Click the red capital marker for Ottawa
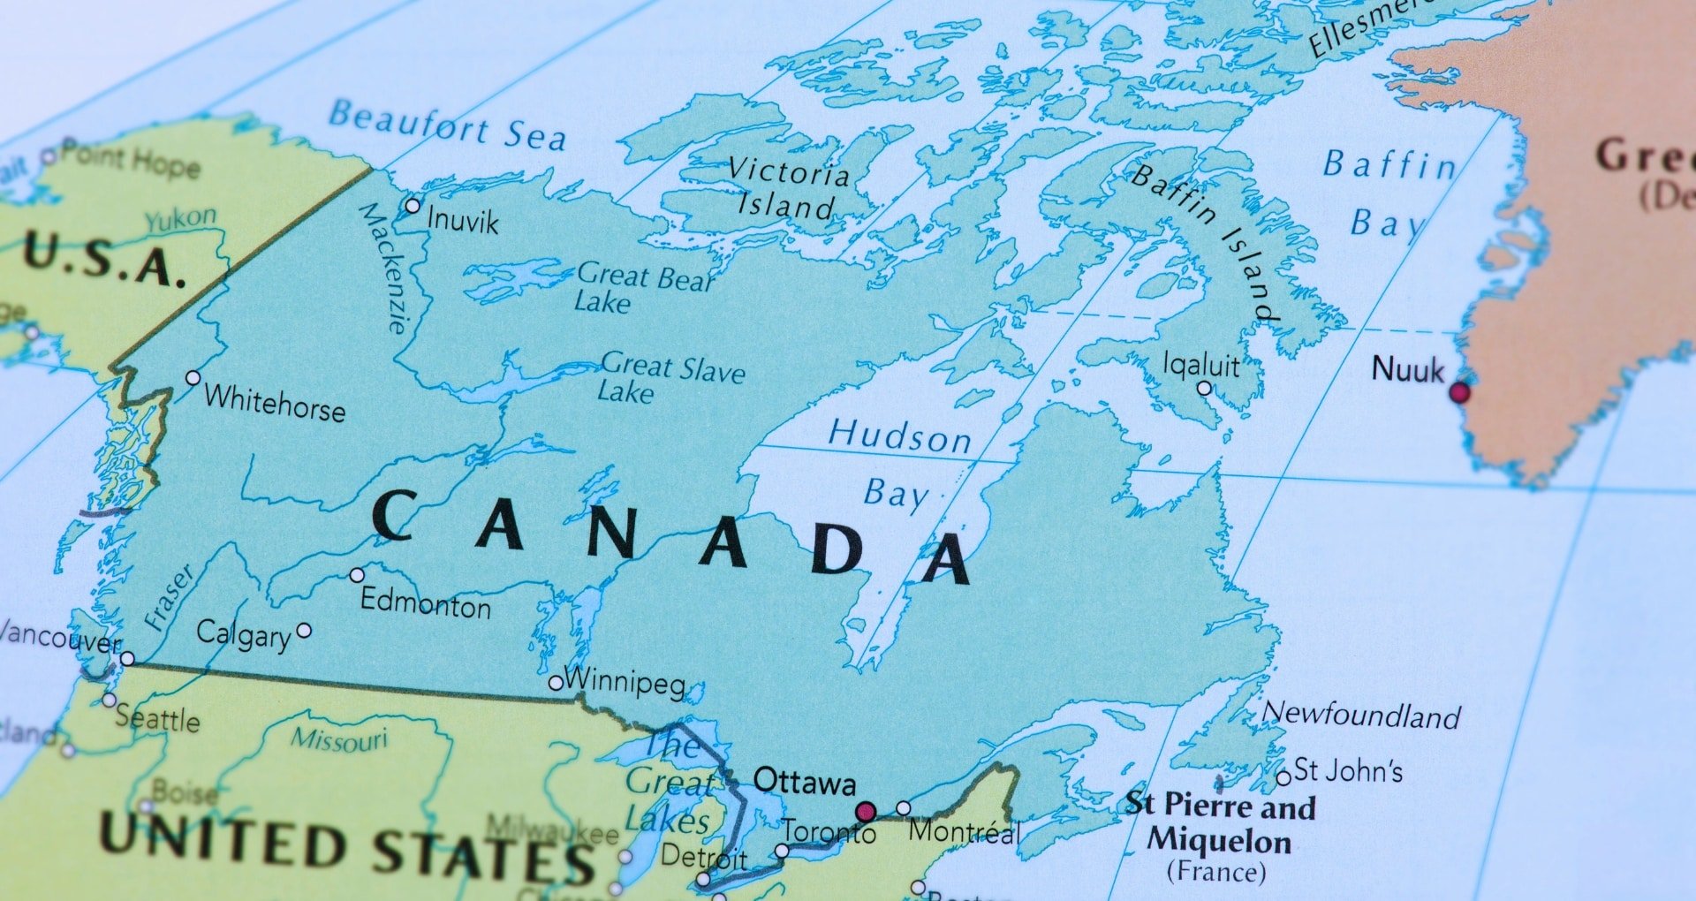[866, 811]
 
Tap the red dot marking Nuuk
[1459, 391]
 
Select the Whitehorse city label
[275, 403]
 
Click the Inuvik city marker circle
[413, 206]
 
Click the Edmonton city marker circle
[357, 575]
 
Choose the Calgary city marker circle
[304, 630]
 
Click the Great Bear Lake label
[643, 288]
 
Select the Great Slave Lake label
[671, 377]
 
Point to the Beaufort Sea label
[447, 125]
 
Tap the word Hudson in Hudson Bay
[899, 436]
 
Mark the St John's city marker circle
[1283, 778]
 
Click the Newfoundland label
[1362, 714]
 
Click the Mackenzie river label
[385, 267]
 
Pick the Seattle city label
[157, 718]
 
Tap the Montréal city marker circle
[903, 808]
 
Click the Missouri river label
[340, 739]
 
